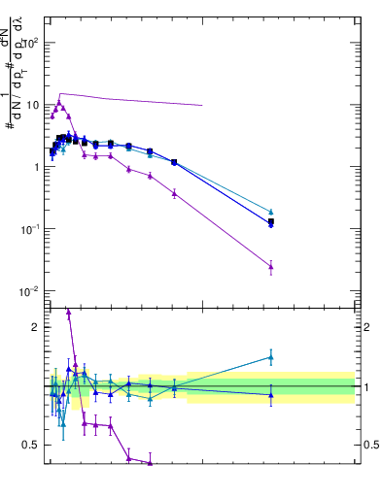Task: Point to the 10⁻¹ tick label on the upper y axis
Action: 28,229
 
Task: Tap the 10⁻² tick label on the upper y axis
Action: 28,291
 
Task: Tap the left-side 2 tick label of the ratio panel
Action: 36,327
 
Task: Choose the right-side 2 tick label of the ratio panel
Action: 367,327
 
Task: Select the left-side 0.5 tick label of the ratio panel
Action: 31,446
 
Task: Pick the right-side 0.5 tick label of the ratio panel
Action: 372,446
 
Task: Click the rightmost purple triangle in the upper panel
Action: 271,266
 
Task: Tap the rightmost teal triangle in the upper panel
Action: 271,211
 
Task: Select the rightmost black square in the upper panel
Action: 271,222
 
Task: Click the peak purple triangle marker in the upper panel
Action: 59,102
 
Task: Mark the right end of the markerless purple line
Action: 202,105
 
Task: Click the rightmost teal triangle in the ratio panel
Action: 271,357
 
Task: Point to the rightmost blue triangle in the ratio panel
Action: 271,395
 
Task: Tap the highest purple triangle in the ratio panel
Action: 68,313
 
